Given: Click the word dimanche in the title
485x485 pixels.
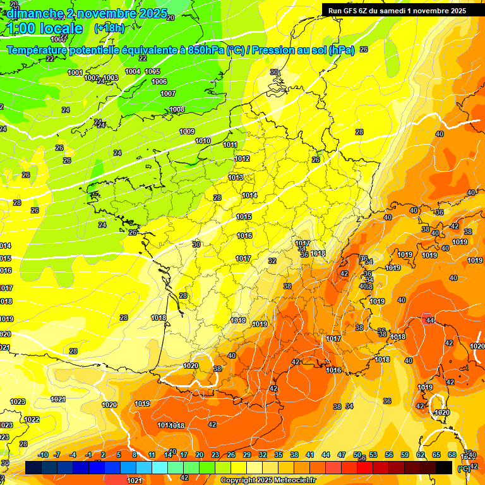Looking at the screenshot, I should (35, 13).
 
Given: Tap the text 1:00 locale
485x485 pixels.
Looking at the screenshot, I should (45, 28).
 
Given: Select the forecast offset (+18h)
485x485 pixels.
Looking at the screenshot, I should (109, 28).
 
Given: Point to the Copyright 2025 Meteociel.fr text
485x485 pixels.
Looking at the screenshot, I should (268, 480).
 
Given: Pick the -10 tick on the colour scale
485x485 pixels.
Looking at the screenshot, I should (43, 455).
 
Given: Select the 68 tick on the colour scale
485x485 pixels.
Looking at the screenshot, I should (452, 455).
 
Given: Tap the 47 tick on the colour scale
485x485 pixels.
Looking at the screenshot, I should (342, 455).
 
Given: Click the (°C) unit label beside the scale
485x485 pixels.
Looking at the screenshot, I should (464, 469).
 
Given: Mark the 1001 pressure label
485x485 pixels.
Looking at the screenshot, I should (75, 73).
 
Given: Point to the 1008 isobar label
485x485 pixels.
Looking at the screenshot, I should (177, 109).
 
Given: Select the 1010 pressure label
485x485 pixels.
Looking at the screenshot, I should (203, 141).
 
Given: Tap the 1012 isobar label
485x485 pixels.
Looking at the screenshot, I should (242, 159).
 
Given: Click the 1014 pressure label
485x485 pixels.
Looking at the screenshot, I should (249, 195).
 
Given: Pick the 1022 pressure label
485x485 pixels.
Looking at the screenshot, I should (32, 419).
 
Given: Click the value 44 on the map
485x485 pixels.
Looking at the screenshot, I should (430, 320).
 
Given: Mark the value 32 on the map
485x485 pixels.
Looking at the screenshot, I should (272, 260).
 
